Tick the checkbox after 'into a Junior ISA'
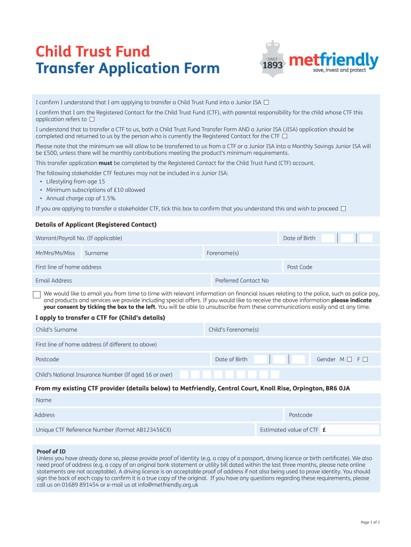tap(266, 102)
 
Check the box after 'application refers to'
tap(92, 120)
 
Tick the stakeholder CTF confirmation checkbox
tap(343, 208)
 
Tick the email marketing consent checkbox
tap(37, 295)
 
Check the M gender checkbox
tap(349, 360)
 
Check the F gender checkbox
tap(365, 360)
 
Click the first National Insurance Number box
tap(184, 374)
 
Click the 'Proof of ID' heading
tap(51, 451)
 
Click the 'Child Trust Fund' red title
tap(92, 52)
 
